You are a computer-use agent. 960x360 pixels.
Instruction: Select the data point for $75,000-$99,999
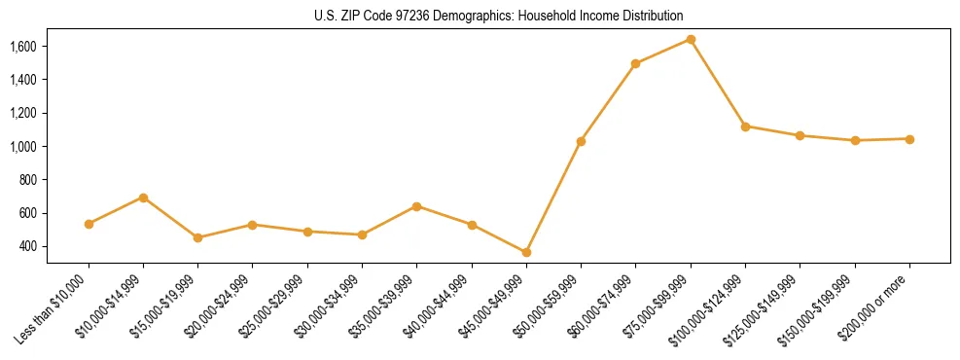pos(691,39)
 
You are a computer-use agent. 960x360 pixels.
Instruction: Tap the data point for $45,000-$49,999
pos(526,252)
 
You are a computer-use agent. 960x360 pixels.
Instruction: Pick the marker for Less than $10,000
pos(89,224)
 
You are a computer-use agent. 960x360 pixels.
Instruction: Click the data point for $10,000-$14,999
pos(143,198)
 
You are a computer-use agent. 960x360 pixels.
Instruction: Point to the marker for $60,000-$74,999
pos(635,63)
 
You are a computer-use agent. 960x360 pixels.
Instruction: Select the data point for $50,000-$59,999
pos(581,141)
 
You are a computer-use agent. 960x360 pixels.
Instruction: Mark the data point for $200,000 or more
pos(909,139)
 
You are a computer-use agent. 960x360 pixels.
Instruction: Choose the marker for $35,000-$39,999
pos(416,206)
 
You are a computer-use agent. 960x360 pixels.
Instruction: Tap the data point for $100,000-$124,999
pos(745,126)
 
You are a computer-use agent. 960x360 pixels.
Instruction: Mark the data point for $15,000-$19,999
pos(197,237)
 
